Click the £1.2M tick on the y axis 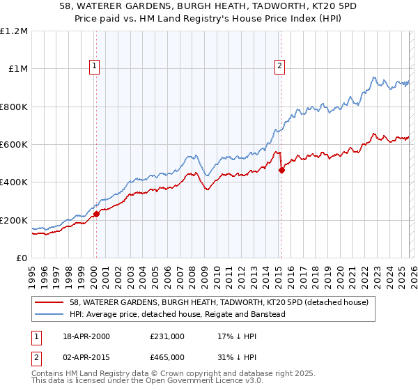(14, 31)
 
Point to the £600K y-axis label (14, 145)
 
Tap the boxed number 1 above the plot (94, 66)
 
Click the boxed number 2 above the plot (279, 66)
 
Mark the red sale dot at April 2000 (97, 214)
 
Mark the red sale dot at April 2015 (281, 170)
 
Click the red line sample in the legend (50, 302)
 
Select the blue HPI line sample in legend (50, 314)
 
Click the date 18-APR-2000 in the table (86, 336)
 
